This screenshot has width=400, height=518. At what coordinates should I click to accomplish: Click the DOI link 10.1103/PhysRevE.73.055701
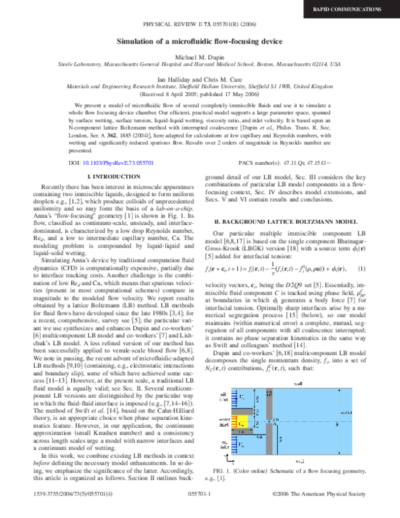tap(115, 144)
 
